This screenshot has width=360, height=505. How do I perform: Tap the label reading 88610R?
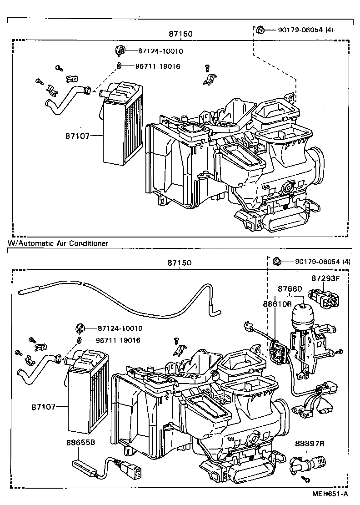(276, 304)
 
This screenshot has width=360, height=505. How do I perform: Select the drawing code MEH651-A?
(330, 494)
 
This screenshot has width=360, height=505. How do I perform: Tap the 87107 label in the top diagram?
(78, 136)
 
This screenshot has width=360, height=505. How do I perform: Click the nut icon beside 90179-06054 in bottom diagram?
(276, 261)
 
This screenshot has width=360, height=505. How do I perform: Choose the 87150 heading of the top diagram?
(180, 34)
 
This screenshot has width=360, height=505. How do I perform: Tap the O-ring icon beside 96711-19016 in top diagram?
(120, 66)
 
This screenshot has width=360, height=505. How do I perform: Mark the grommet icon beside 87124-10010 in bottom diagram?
(80, 328)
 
